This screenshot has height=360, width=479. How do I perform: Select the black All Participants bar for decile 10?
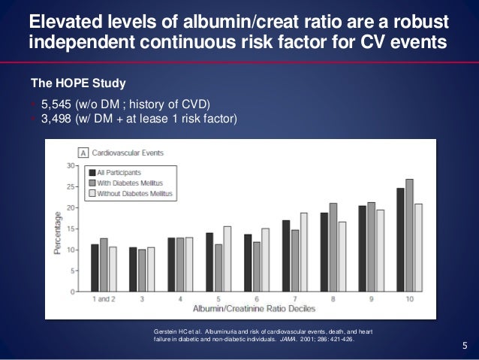(x=400, y=240)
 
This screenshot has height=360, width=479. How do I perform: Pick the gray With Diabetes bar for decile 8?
(x=333, y=247)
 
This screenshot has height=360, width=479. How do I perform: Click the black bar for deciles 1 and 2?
(x=95, y=268)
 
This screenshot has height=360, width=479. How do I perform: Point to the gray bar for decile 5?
(x=218, y=268)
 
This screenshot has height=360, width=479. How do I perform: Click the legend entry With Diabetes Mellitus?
(x=132, y=183)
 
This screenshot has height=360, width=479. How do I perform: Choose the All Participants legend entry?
(x=125, y=171)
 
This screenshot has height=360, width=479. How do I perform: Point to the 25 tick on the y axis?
(x=72, y=186)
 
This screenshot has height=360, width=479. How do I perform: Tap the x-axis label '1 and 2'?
(x=104, y=299)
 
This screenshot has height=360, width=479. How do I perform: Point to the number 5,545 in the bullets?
(x=56, y=103)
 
